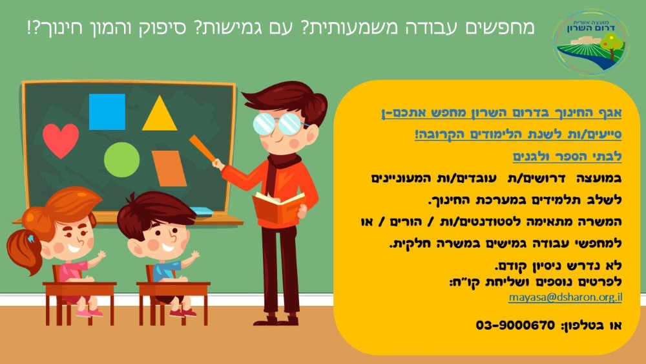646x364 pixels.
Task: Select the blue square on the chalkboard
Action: click(107, 112)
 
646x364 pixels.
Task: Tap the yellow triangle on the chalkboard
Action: click(160, 115)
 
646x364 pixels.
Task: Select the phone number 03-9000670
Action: click(516, 325)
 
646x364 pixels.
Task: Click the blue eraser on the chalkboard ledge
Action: click(200, 211)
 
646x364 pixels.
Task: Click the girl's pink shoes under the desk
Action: click(89, 313)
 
